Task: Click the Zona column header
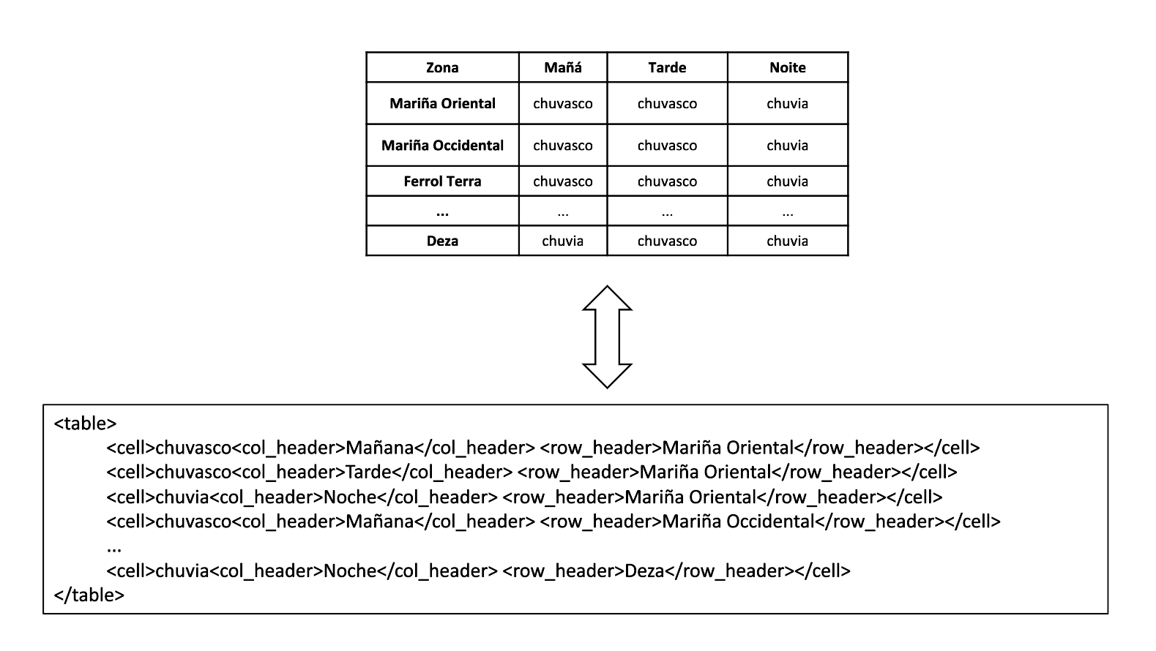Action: coord(442,67)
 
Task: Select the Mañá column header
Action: coord(562,67)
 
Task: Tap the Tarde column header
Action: coord(667,67)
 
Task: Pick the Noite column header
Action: coord(788,67)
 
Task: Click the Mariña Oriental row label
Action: coord(442,104)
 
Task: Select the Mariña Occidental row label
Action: coord(442,146)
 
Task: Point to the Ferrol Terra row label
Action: coord(442,181)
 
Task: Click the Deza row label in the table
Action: coord(442,241)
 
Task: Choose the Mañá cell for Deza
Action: coord(562,241)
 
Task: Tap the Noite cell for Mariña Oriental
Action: coord(788,104)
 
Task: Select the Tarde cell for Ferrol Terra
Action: coord(667,181)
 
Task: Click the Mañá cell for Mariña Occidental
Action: coord(562,146)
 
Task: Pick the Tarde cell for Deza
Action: coord(667,241)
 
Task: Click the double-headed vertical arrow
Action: coord(607,336)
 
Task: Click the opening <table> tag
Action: coord(85,424)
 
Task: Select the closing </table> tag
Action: coord(89,595)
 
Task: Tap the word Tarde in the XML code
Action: coord(368,472)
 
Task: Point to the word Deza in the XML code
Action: coord(644,571)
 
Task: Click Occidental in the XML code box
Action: coord(770,521)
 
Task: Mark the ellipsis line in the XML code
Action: coord(114,549)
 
